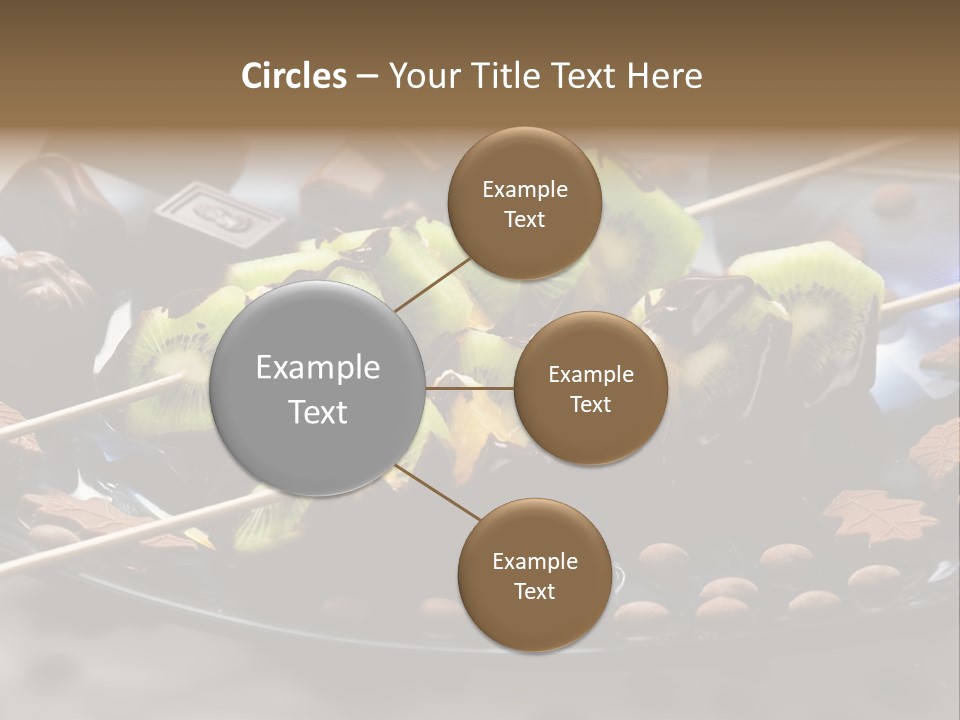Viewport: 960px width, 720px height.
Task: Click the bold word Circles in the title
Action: coord(293,76)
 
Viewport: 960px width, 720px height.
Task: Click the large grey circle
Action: coord(318,388)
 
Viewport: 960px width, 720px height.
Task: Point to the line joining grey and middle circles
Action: coord(470,388)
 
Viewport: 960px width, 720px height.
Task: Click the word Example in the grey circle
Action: coord(318,368)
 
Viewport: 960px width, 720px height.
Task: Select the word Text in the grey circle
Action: coord(318,412)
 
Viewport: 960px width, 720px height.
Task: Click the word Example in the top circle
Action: coord(525,190)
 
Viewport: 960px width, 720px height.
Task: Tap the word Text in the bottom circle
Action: coord(534,591)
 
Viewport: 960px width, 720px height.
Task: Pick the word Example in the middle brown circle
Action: coord(591,375)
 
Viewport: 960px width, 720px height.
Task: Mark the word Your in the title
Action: coord(421,76)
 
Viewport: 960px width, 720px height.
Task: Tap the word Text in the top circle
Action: coord(524,220)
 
